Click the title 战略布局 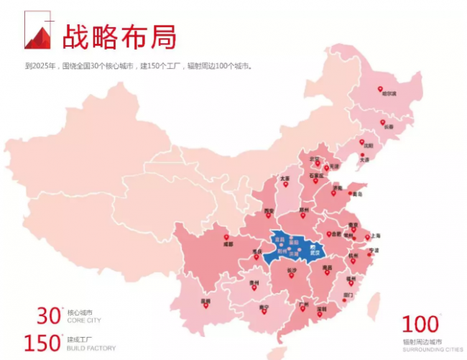[118, 37]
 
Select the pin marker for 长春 [383, 121]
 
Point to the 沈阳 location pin [362, 142]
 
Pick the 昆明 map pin [205, 305]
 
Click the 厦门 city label [348, 295]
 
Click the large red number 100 [420, 325]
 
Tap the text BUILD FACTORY [91, 349]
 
